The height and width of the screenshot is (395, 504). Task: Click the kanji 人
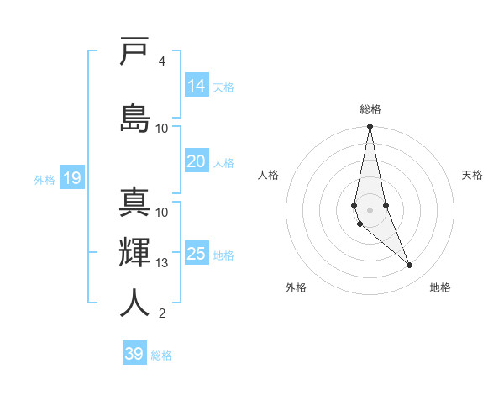click(134, 303)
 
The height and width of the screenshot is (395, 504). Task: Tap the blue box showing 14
click(197, 86)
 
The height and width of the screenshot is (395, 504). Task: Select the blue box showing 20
click(197, 161)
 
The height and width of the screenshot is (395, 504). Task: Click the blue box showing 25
click(197, 254)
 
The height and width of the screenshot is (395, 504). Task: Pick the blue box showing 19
click(71, 178)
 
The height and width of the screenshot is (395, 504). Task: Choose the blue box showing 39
click(134, 354)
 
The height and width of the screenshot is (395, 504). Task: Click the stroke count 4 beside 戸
click(162, 61)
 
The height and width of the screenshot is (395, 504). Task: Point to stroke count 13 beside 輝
click(162, 263)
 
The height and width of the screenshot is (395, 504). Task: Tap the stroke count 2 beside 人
click(162, 313)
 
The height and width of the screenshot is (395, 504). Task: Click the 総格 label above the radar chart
click(370, 109)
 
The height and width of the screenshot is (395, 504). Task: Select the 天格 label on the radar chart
click(472, 175)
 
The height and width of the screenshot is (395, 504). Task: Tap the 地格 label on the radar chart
click(440, 287)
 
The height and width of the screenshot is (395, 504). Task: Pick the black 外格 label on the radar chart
click(296, 287)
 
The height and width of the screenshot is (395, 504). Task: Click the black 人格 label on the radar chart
click(268, 175)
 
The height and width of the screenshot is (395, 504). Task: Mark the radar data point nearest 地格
click(410, 266)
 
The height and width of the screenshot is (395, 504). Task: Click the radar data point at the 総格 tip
click(370, 126)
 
